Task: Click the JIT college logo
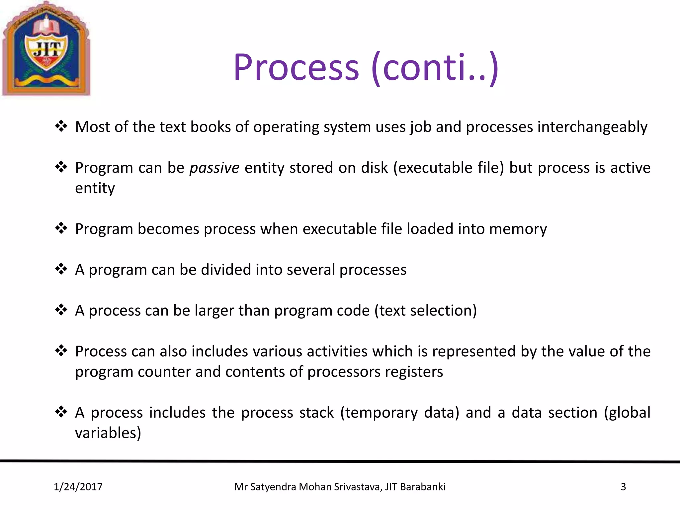click(46, 49)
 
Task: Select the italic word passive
click(214, 168)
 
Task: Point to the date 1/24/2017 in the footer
click(78, 487)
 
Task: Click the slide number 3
click(623, 487)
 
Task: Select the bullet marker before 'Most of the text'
click(61, 126)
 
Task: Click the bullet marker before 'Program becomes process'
click(61, 228)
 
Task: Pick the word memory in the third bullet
click(518, 229)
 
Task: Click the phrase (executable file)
click(449, 168)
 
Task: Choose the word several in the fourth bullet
click(311, 270)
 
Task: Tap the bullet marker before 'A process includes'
click(61, 412)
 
